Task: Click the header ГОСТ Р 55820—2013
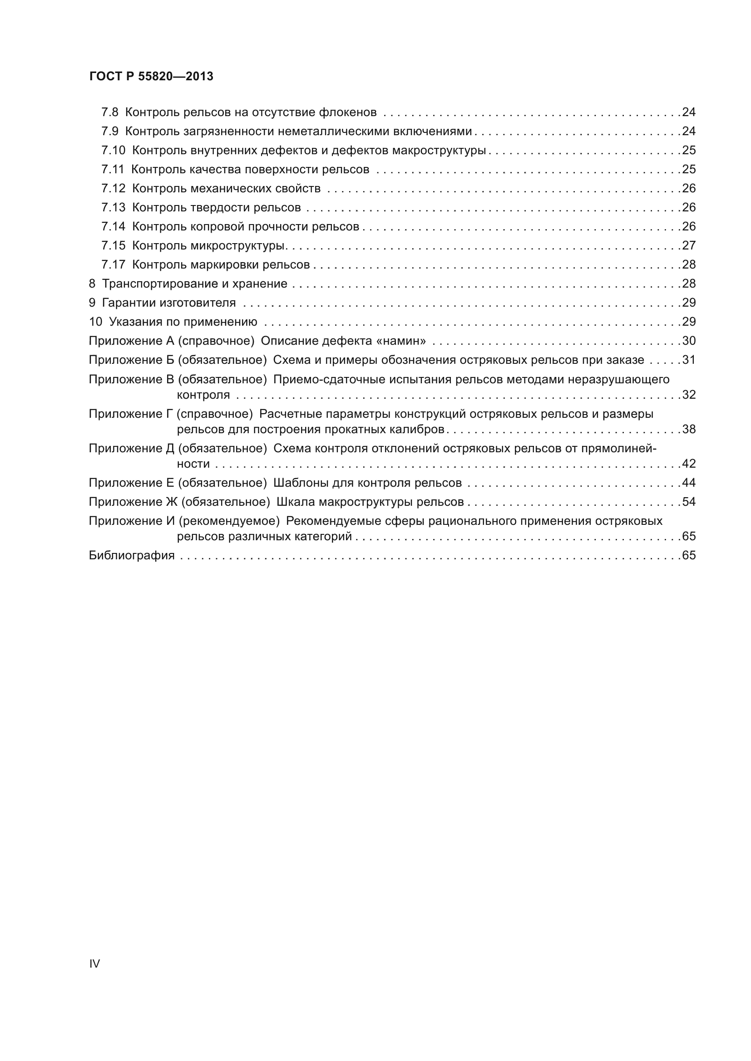tap(151, 76)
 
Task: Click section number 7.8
tap(109, 112)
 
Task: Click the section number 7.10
tap(113, 150)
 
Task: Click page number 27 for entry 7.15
tap(689, 245)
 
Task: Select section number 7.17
tap(113, 264)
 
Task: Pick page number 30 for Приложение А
tap(689, 341)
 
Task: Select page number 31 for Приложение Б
tap(689, 360)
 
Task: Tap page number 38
tap(689, 429)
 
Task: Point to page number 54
tap(689, 501)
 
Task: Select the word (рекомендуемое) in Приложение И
tap(229, 521)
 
